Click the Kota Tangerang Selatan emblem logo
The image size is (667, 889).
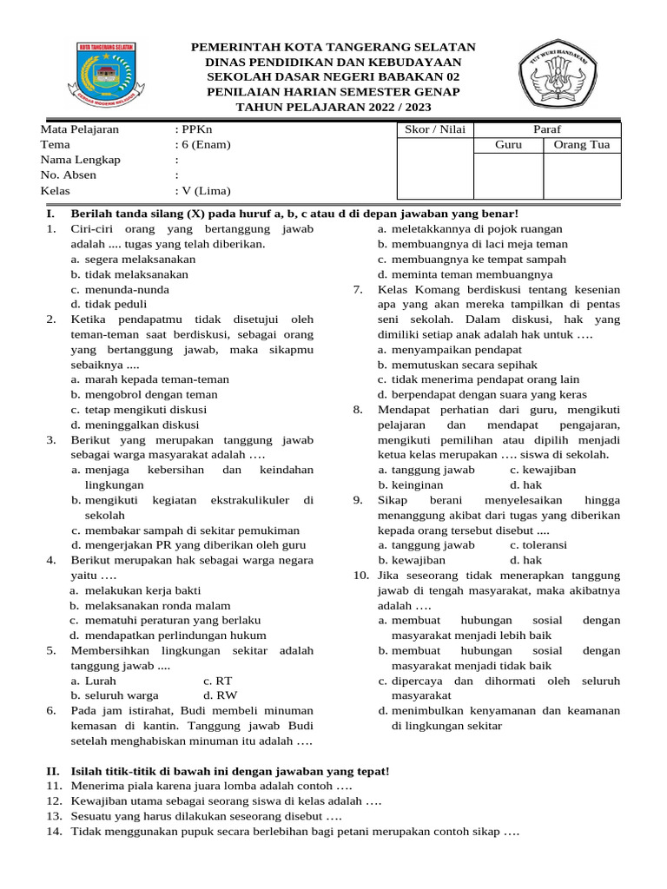click(x=104, y=76)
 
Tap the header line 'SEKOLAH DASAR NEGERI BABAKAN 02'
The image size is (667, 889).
click(x=333, y=77)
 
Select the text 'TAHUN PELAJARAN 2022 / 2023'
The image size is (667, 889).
click(x=333, y=107)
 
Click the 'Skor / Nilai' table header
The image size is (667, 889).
click(x=435, y=129)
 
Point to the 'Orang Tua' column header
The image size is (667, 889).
click(x=582, y=145)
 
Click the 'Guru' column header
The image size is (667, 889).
click(x=508, y=145)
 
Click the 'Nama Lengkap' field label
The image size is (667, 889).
click(x=81, y=161)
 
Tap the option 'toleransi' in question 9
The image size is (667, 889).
click(x=538, y=545)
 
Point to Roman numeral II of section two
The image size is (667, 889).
click(x=52, y=771)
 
